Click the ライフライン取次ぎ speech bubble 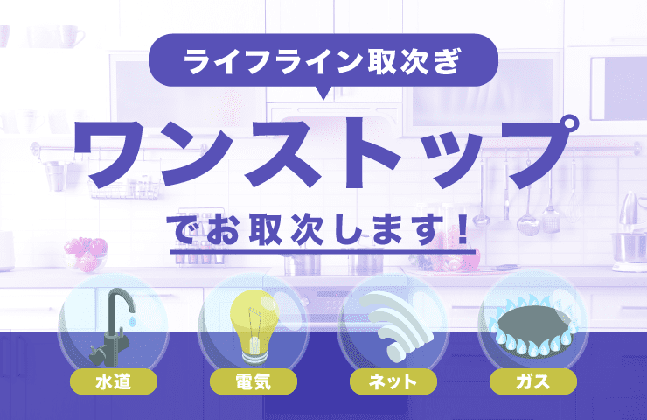point(323,62)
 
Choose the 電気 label point(254,381)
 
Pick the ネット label point(393,381)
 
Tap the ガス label point(533,381)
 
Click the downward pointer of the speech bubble point(323,94)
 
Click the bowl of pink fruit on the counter point(85,253)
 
